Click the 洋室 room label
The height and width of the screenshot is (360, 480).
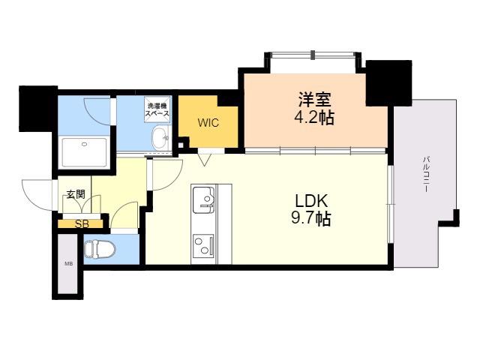(314, 99)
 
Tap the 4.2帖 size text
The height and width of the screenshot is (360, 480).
(314, 117)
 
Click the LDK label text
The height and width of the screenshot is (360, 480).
(311, 201)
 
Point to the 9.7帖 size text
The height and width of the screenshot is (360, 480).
(310, 218)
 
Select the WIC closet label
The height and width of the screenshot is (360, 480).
(208, 123)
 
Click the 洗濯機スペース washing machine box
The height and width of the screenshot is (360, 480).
(157, 109)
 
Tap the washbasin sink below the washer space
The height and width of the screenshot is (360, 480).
(160, 138)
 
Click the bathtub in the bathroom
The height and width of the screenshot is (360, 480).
(84, 152)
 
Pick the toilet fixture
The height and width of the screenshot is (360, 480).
(100, 248)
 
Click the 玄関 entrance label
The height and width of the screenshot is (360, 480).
(76, 194)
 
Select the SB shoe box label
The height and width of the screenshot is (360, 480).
(82, 224)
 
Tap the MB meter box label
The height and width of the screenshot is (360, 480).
(68, 263)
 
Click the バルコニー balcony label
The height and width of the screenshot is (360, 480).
(426, 174)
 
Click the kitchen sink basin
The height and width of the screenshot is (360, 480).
(203, 200)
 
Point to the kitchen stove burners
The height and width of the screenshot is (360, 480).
(203, 246)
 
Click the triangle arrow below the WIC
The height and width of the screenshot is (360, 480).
(204, 160)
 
